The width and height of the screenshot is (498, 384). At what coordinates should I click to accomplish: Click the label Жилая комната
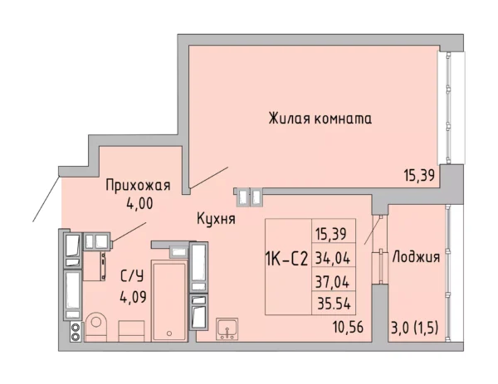(x=320, y=119)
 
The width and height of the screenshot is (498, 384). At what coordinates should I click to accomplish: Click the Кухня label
(x=217, y=220)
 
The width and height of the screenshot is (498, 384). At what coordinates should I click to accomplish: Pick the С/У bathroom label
(x=130, y=276)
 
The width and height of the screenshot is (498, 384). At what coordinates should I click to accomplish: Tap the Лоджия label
(x=416, y=256)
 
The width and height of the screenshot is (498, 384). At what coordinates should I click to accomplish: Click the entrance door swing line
(x=46, y=199)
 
